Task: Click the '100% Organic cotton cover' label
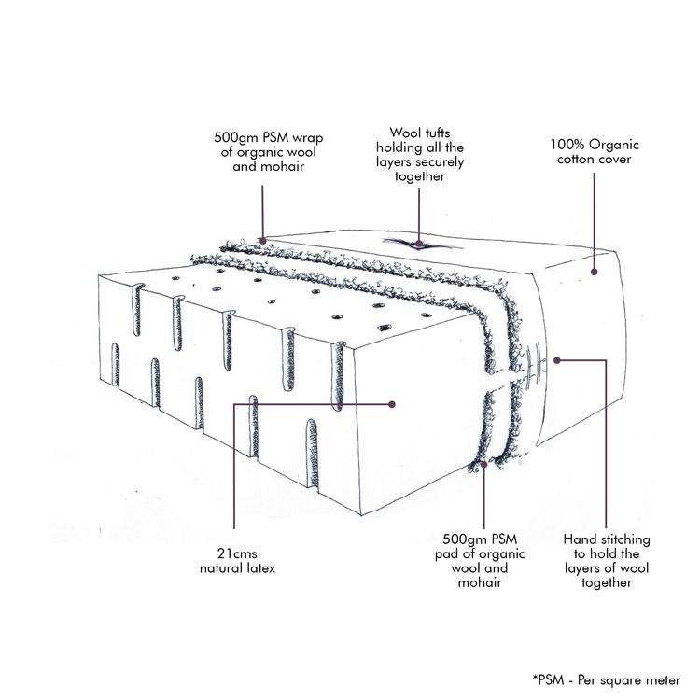tap(595, 152)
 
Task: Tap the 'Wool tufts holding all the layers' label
tap(420, 154)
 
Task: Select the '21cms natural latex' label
tap(237, 561)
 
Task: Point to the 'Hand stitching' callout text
tap(607, 561)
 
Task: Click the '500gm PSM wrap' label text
tap(268, 152)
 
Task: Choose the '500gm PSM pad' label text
tap(480, 561)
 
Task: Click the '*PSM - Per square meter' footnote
tap(607, 679)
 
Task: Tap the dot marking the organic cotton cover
tap(595, 272)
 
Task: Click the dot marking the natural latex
tap(392, 404)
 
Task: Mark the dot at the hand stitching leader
tap(556, 360)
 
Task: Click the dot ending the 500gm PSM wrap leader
tap(263, 241)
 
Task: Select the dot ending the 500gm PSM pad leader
tap(483, 464)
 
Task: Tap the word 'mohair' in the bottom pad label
tap(480, 582)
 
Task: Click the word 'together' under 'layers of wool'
tap(607, 582)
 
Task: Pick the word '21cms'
tap(237, 553)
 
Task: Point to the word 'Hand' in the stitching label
tap(579, 539)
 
